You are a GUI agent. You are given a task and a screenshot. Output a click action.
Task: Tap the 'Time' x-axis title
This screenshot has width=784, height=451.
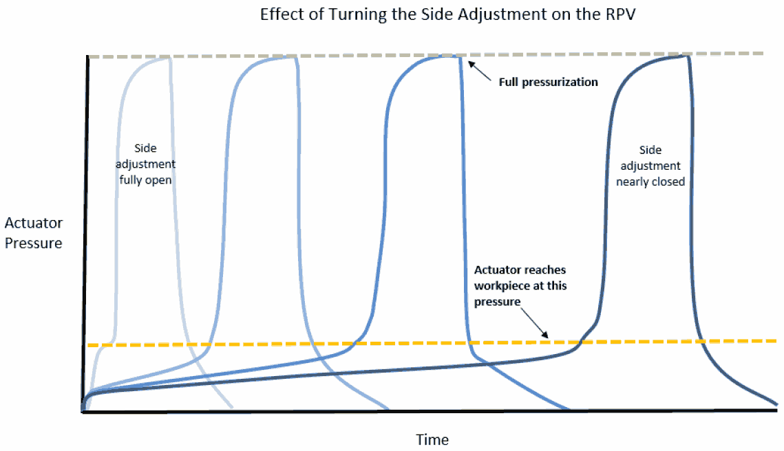pyautogui.click(x=432, y=439)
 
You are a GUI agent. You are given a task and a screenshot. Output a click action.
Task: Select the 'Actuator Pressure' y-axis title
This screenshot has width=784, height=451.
pyautogui.click(x=33, y=232)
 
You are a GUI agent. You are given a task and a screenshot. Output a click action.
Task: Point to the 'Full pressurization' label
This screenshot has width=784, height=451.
pyautogui.click(x=548, y=82)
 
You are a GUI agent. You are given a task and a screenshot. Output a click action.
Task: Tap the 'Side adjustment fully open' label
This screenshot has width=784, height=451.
pyautogui.click(x=145, y=164)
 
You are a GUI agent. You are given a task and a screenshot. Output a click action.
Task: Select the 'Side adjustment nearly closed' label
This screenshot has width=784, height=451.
pyautogui.click(x=650, y=165)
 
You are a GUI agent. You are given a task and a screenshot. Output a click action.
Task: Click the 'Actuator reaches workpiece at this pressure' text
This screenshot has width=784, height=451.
pyautogui.click(x=520, y=285)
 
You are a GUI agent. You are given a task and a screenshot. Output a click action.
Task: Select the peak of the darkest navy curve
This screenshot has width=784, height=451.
pyautogui.click(x=686, y=56)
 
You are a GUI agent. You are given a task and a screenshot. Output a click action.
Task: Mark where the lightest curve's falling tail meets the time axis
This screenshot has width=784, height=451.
pyautogui.click(x=232, y=408)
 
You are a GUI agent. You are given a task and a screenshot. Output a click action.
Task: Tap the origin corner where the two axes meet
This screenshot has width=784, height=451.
pyautogui.click(x=85, y=411)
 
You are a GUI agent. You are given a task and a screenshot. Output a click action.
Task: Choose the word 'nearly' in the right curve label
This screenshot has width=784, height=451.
pyautogui.click(x=632, y=181)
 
